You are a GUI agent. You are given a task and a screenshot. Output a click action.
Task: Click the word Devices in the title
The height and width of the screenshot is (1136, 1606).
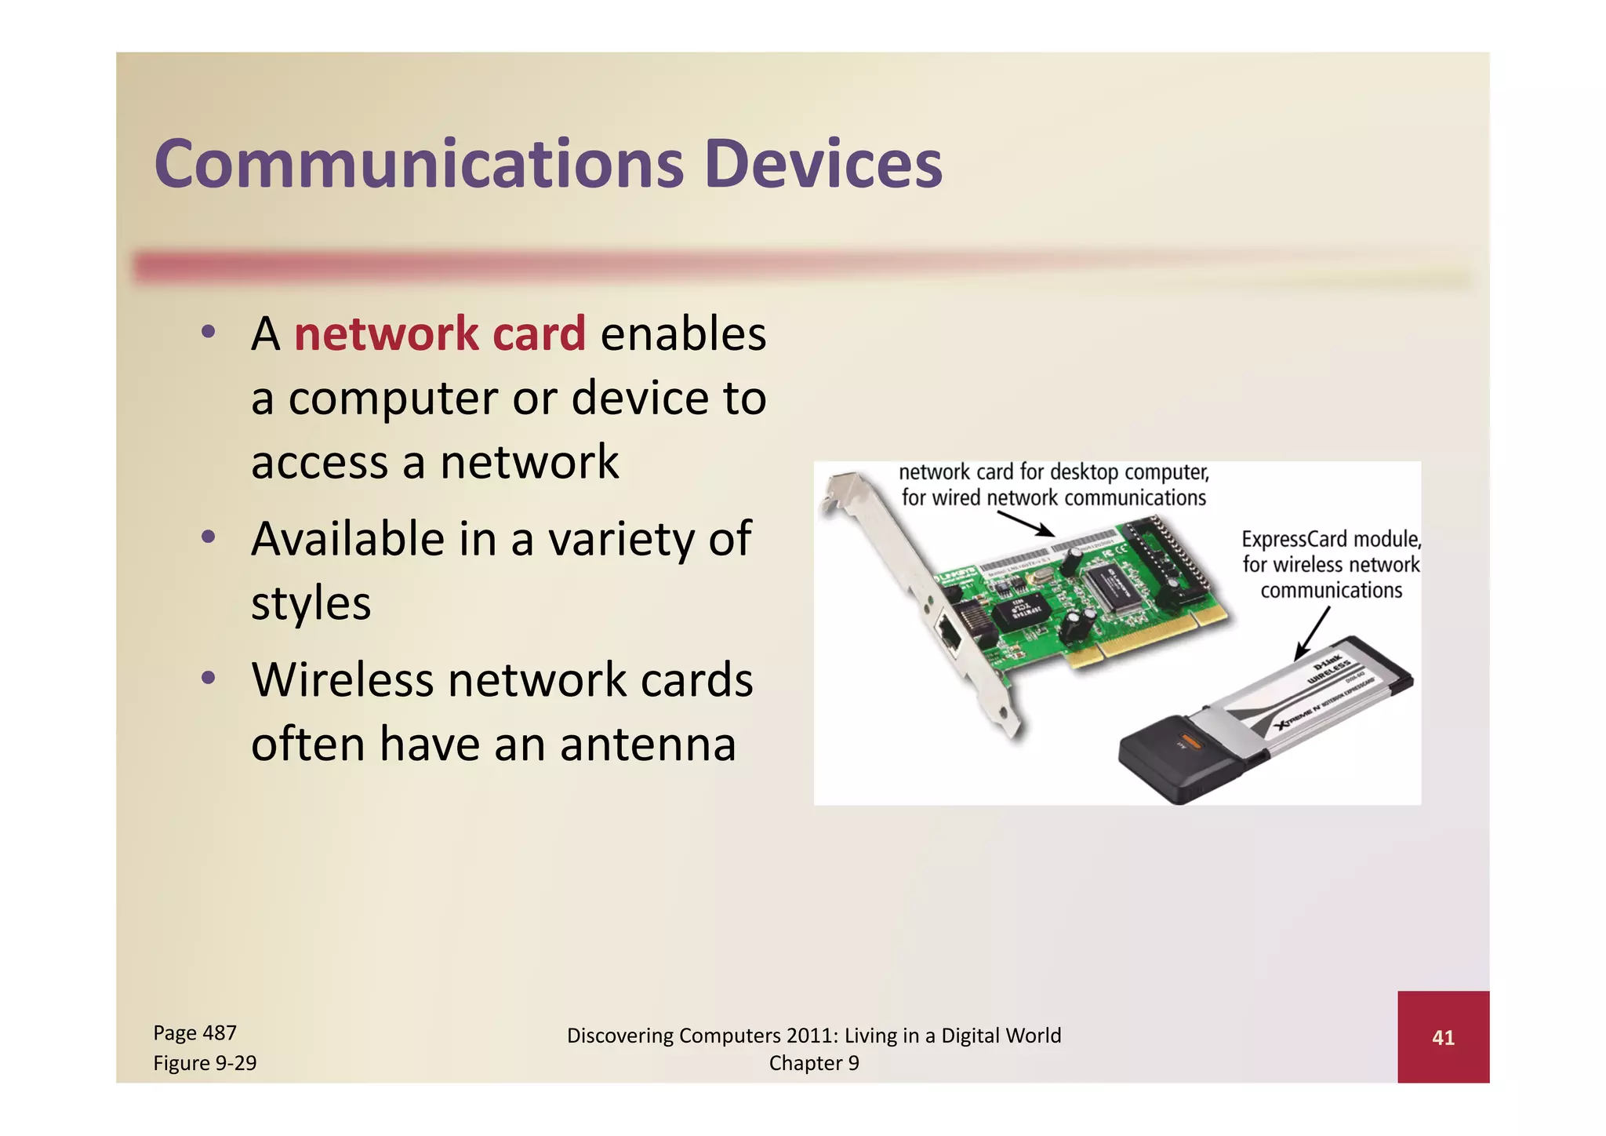823,164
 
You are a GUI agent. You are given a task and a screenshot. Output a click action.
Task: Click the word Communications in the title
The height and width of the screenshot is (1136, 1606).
419,164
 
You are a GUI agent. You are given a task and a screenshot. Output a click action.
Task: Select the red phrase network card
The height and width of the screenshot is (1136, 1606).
439,333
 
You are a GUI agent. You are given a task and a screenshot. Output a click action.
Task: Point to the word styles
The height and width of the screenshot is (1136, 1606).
311,603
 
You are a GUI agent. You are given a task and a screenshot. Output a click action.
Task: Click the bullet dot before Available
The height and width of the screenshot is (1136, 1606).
208,538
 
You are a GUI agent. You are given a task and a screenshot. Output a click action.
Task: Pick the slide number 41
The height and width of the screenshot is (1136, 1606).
1443,1038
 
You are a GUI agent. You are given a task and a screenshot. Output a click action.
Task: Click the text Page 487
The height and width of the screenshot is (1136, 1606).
194,1033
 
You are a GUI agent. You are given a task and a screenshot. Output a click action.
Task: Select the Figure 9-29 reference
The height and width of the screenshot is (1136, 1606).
205,1063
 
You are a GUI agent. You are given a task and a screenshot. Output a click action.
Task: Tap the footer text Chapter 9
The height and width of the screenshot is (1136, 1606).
814,1063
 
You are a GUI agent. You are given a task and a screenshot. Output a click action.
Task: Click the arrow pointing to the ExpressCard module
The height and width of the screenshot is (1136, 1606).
1311,634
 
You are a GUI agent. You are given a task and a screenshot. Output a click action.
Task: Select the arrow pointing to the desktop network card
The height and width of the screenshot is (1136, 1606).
1026,524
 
